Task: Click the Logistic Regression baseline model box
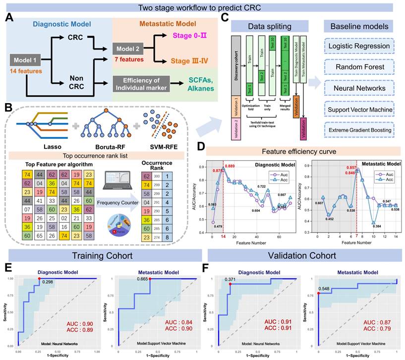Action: [358, 47]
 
